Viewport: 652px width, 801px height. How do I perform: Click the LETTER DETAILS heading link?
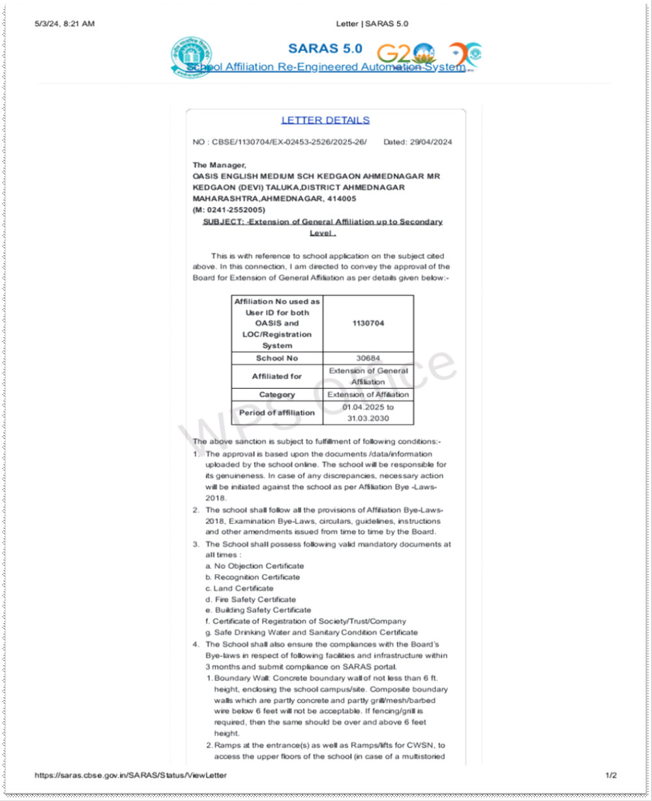[325, 120]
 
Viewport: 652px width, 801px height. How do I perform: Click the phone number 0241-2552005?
[234, 209]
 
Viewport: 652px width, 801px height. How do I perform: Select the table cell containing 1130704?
[368, 324]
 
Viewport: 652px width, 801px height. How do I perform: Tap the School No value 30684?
[368, 358]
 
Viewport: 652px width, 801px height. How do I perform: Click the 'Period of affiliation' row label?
[277, 413]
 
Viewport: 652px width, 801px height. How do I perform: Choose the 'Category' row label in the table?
[277, 395]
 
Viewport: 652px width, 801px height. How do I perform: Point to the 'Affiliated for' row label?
[277, 376]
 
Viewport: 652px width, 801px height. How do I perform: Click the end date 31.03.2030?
[368, 418]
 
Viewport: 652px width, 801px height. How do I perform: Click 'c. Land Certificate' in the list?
[239, 588]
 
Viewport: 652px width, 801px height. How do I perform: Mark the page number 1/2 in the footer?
[611, 775]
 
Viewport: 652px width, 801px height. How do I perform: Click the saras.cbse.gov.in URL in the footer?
[131, 775]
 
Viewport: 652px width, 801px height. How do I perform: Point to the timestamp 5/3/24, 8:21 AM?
[65, 24]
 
